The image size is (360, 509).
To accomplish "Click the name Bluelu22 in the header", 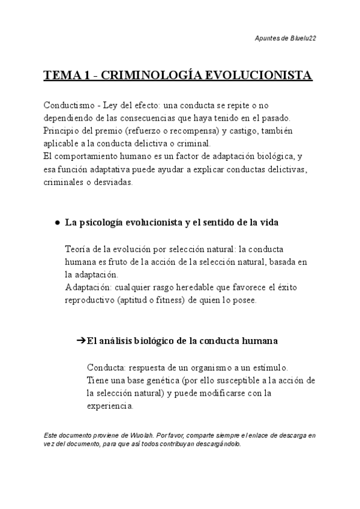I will pos(303,38).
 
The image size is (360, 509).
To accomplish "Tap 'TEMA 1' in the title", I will pos(66,76).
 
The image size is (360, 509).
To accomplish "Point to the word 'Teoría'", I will pos(79,249).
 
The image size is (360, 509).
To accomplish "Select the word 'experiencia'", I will pos(110,406).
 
